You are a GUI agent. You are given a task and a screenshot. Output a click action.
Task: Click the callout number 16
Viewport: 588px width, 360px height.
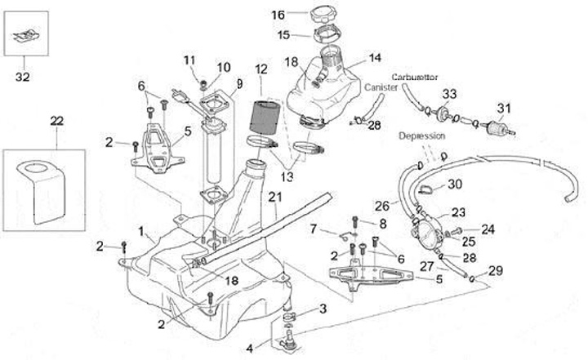click(x=277, y=15)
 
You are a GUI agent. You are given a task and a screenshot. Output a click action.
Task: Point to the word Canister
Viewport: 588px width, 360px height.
click(x=381, y=86)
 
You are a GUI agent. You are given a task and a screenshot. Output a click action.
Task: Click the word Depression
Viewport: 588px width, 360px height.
click(x=422, y=136)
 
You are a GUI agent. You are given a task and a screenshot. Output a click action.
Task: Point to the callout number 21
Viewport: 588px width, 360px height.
click(x=274, y=196)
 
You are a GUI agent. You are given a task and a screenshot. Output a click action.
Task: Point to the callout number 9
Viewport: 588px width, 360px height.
click(x=239, y=83)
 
